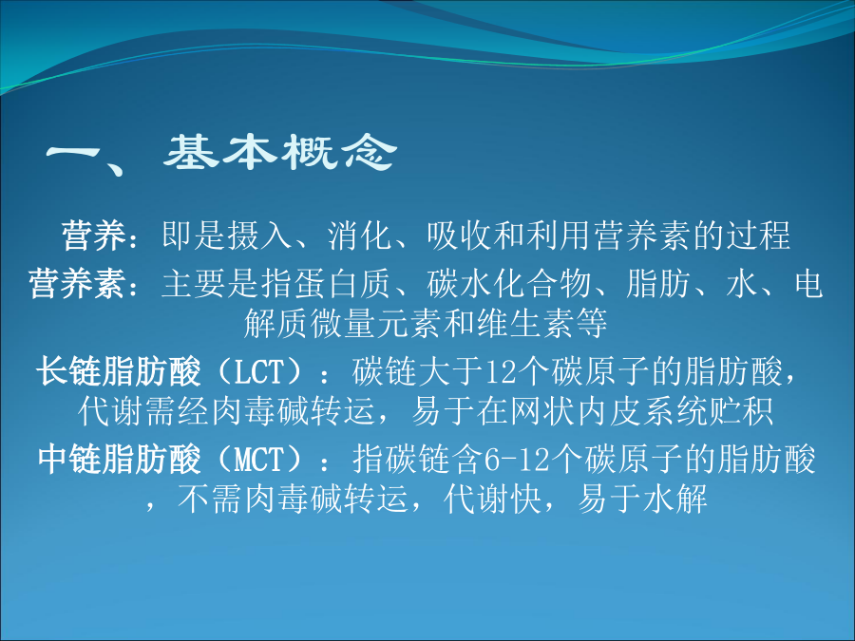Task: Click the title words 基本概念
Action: click(x=279, y=152)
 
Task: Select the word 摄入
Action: click(x=260, y=236)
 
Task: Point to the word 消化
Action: click(x=360, y=236)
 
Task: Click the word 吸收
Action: click(x=460, y=236)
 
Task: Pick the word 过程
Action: click(x=758, y=236)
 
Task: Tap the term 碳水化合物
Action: click(x=509, y=283)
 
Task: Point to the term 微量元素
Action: click(x=376, y=323)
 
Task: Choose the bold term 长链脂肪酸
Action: click(x=119, y=371)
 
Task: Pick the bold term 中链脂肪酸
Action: click(x=119, y=459)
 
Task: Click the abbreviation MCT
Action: click(x=259, y=459)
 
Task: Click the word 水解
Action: click(x=675, y=499)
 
